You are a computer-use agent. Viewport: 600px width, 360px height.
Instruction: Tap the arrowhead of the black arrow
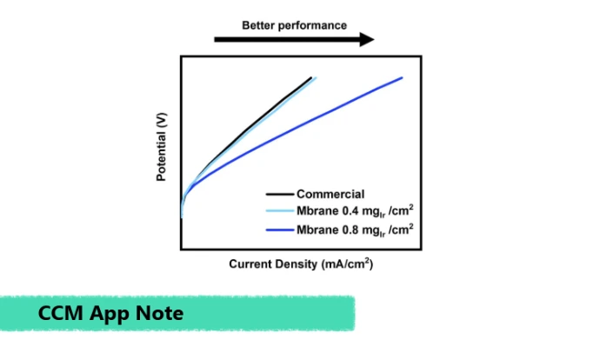[367, 39]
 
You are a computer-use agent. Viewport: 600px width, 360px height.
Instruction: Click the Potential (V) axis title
[162, 147]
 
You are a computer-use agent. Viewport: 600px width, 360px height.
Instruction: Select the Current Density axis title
[301, 264]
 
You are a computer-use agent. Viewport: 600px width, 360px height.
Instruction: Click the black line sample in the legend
[280, 194]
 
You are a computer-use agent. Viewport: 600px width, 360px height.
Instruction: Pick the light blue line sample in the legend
[280, 210]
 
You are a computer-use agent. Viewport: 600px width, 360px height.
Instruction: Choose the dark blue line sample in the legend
[280, 230]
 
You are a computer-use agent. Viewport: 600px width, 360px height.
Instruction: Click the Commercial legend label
[330, 194]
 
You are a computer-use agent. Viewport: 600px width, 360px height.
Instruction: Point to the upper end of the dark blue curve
[402, 77]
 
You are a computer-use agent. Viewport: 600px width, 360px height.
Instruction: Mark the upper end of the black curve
[311, 77]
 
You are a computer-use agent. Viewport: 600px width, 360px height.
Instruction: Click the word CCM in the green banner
[61, 313]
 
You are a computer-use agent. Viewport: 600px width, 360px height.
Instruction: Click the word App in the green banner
[109, 315]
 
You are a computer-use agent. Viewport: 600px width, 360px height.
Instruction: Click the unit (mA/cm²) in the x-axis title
[348, 264]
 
